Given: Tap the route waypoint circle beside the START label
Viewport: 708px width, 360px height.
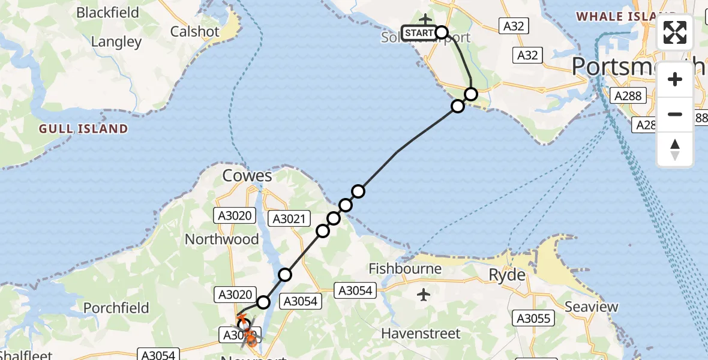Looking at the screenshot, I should click(442, 32).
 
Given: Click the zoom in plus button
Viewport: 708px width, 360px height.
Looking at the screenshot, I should click(675, 79).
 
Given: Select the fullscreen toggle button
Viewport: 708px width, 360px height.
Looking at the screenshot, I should click(675, 32).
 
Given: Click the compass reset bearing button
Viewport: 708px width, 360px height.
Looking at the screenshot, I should click(675, 149).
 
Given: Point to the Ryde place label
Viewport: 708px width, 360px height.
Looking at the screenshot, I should click(508, 275).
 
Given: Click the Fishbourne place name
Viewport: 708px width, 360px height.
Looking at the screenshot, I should click(405, 268).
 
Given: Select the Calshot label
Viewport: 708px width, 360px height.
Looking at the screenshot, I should click(194, 31).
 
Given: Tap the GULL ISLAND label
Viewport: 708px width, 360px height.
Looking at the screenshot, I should click(83, 128).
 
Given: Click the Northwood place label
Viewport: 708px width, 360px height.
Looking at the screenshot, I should click(222, 239).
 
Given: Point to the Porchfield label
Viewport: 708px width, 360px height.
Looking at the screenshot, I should click(116, 308).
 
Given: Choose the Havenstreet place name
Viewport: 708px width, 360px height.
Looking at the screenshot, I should click(421, 333).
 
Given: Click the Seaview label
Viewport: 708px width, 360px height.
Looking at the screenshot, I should click(591, 307).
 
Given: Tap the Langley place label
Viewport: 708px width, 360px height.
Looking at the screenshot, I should click(116, 42).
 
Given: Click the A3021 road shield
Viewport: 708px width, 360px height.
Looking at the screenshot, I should click(291, 219).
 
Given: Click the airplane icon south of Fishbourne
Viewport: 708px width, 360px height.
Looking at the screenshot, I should click(424, 295).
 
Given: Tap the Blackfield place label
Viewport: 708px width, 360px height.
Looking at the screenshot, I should click(108, 13).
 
